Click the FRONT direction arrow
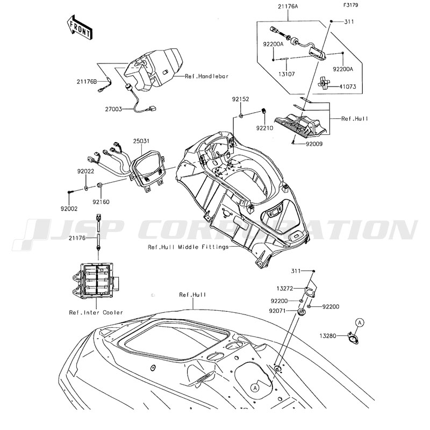pyautogui.click(x=78, y=27)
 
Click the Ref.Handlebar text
pyautogui.click(x=206, y=76)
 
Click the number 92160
pyautogui.click(x=101, y=202)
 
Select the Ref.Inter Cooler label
pyautogui.click(x=96, y=312)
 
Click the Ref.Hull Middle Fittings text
pyautogui.click(x=188, y=247)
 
